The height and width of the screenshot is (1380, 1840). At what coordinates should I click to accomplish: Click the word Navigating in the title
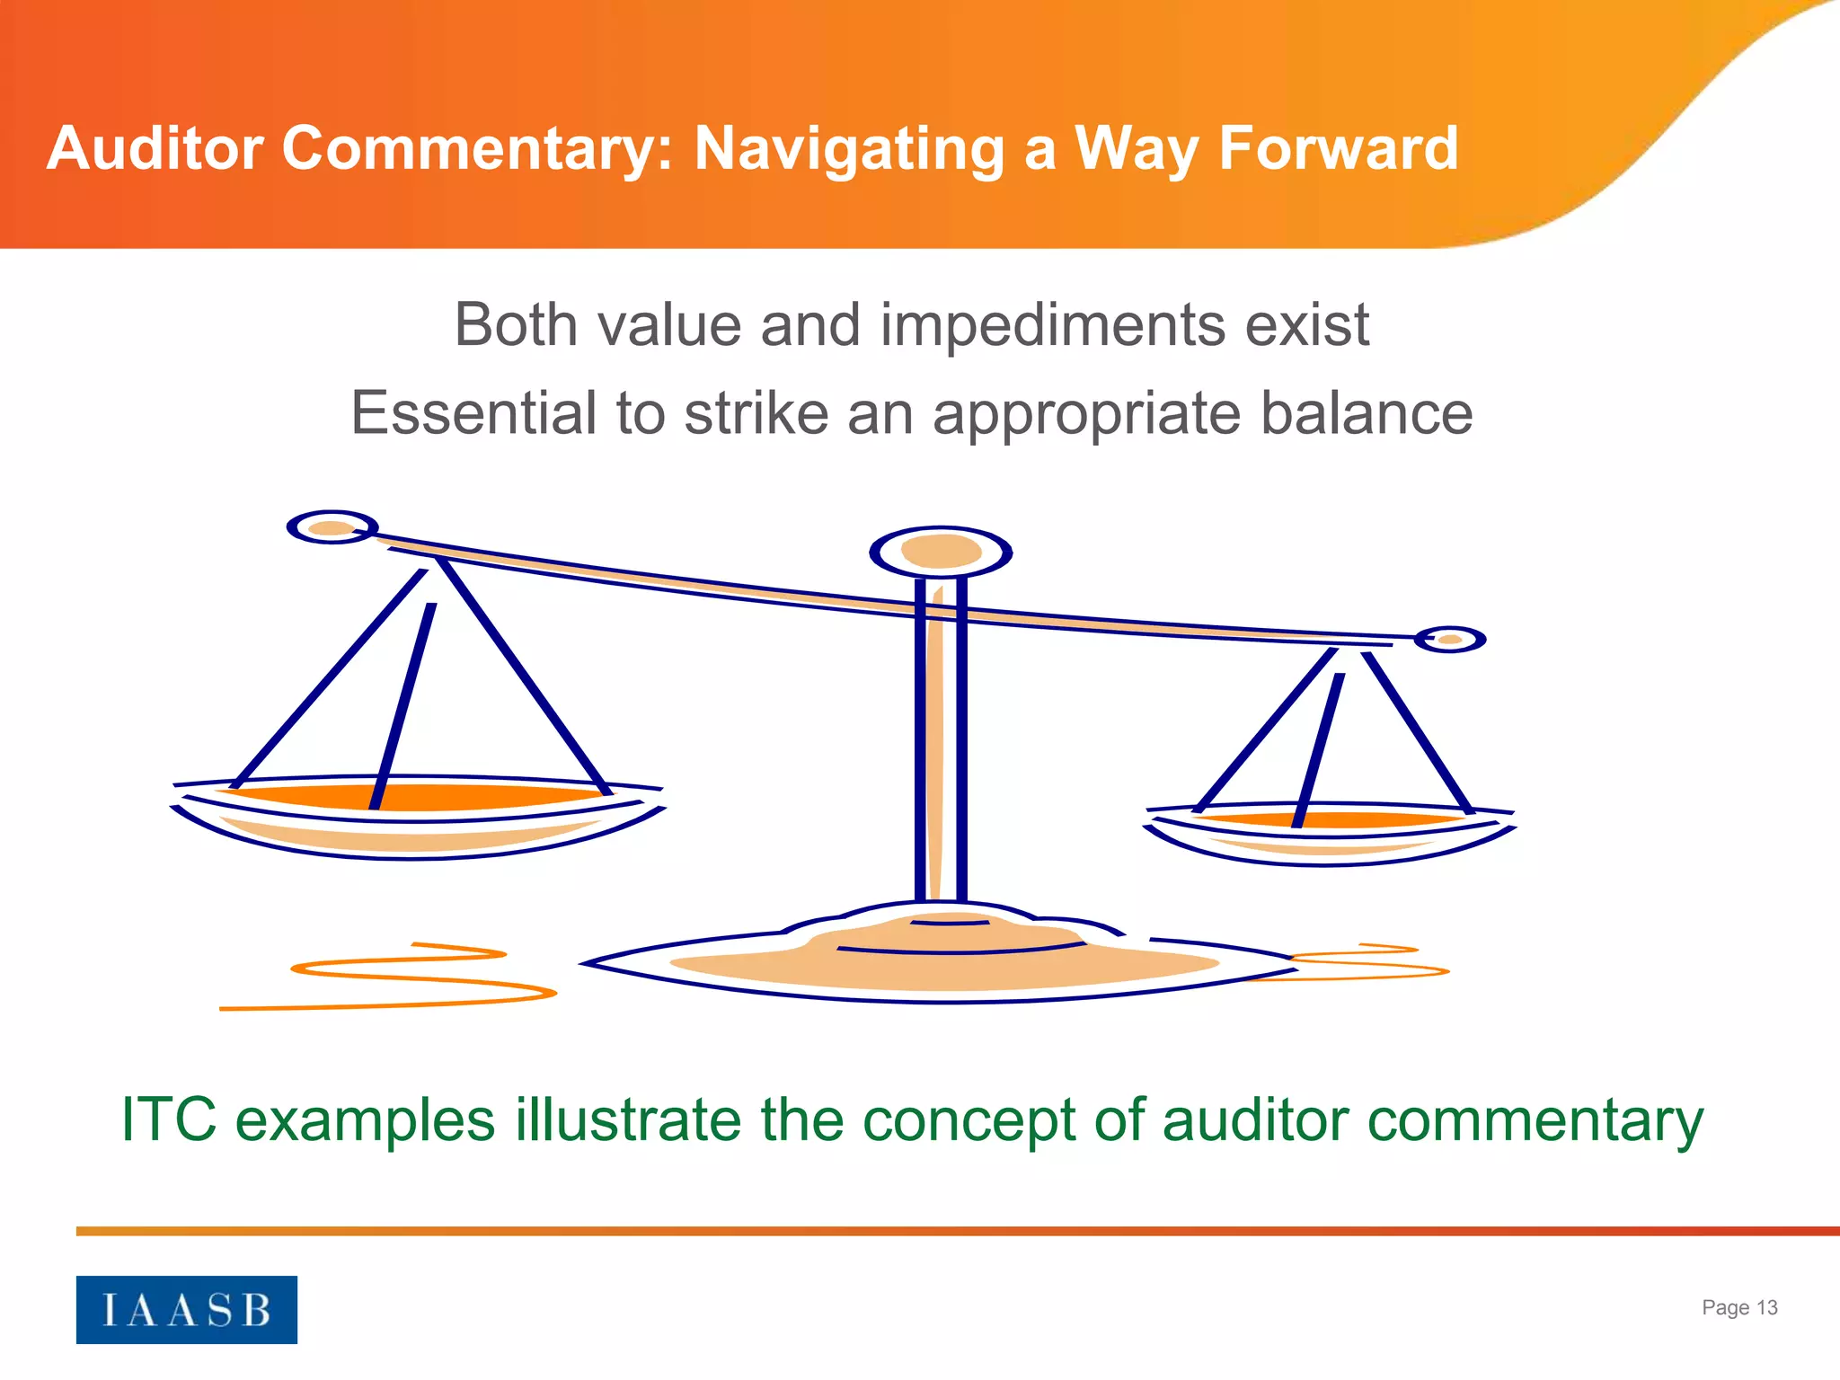[849, 149]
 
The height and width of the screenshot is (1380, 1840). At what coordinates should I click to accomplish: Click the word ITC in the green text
[169, 1119]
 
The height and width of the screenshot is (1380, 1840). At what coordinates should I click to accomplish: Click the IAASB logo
[186, 1309]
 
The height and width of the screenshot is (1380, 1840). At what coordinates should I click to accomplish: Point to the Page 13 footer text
[1738, 1307]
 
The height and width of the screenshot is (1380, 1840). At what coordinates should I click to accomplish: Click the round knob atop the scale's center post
[941, 551]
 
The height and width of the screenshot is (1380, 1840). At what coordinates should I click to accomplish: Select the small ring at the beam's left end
[332, 527]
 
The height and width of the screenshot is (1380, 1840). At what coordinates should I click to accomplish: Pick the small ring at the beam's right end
[1449, 640]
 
